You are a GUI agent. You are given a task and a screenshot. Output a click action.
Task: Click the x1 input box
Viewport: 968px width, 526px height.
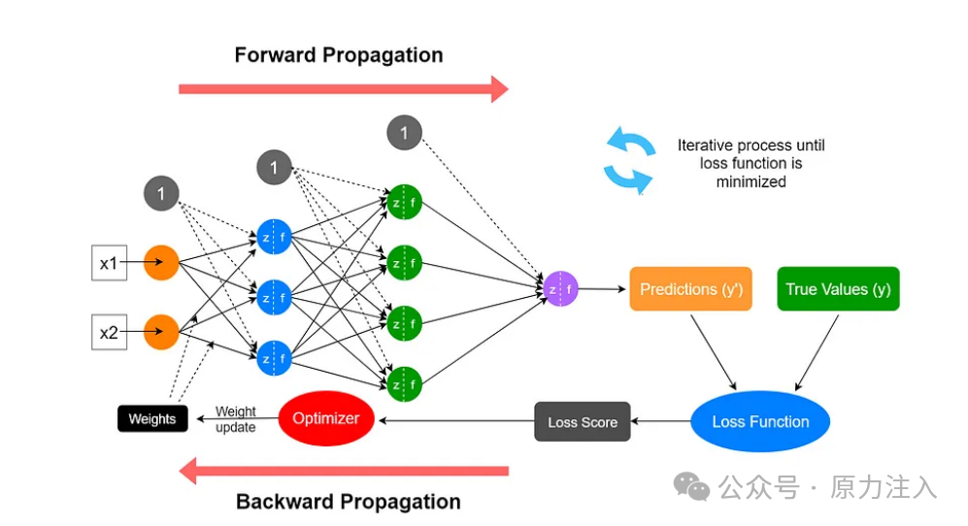[x=110, y=263]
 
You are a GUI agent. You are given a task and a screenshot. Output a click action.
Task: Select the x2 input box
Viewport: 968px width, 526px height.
[x=110, y=332]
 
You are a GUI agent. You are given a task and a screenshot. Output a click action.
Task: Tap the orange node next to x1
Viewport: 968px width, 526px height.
[x=162, y=262]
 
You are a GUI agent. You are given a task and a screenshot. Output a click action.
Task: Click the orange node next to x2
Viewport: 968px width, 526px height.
[x=162, y=332]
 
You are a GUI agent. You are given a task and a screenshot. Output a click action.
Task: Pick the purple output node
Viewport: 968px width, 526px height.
[x=560, y=288]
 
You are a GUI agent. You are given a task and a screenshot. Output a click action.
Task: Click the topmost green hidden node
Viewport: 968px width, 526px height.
[x=404, y=202]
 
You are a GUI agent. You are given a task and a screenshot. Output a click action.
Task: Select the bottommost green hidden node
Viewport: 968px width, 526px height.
[x=404, y=384]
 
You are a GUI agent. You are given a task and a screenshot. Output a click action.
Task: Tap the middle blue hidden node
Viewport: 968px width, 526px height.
[x=274, y=298]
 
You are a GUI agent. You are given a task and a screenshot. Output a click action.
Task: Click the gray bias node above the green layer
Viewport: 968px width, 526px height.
[x=404, y=133]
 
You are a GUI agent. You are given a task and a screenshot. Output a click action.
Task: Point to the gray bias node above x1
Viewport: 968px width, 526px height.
[x=162, y=193]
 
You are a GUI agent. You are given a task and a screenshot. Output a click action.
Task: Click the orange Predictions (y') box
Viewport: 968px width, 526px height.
[x=691, y=288]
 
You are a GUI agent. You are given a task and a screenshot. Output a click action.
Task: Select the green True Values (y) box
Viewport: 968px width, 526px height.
[x=838, y=288]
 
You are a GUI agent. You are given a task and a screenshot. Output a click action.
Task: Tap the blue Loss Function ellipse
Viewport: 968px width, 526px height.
[x=760, y=421]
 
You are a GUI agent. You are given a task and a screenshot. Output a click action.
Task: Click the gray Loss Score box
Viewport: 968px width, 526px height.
[x=583, y=421]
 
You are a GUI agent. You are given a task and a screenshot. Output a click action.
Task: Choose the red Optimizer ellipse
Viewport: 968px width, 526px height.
[x=326, y=418]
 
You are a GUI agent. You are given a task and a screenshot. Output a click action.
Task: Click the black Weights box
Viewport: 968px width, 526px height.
[x=152, y=418]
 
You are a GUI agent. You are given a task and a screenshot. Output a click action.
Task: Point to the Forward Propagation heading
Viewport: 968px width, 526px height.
[x=339, y=55]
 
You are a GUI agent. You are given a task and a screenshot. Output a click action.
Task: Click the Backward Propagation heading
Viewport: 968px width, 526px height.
[x=349, y=502]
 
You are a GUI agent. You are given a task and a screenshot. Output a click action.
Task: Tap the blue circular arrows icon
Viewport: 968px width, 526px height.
[x=629, y=160]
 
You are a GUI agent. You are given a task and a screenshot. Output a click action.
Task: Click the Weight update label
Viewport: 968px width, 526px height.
[x=235, y=419]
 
